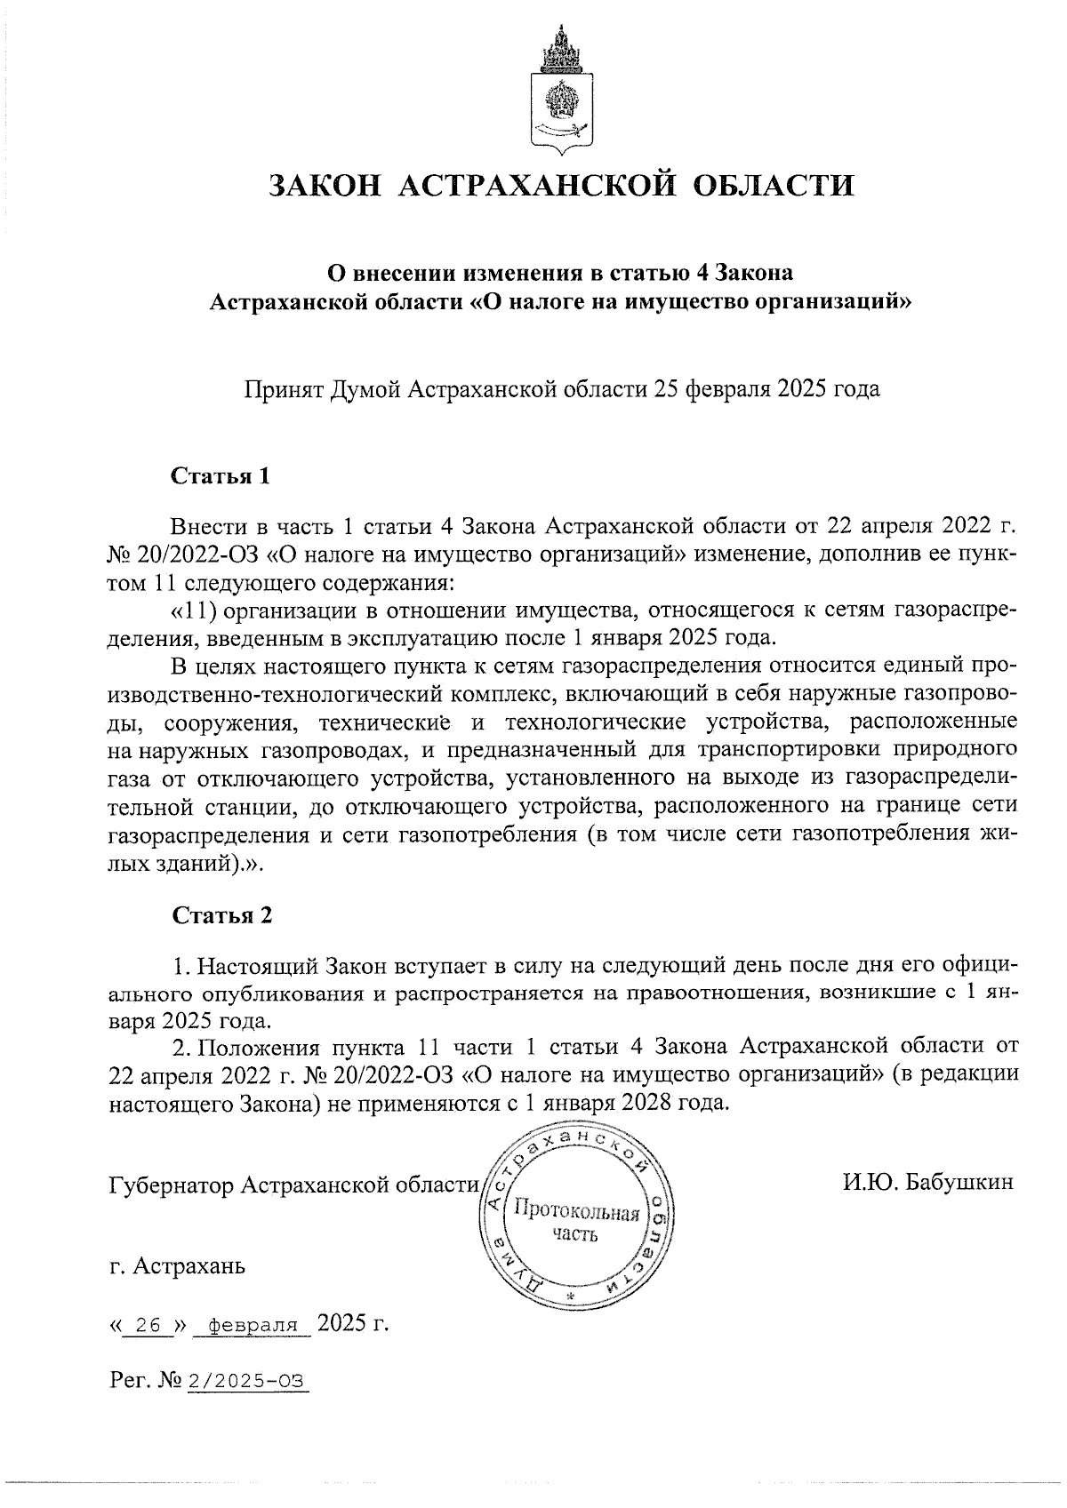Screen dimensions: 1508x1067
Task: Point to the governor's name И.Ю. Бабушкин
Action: (928, 1183)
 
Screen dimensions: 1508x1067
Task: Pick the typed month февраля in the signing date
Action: (254, 1326)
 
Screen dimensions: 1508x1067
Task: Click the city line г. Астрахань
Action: (177, 1265)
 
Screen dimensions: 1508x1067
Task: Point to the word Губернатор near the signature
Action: (172, 1186)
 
